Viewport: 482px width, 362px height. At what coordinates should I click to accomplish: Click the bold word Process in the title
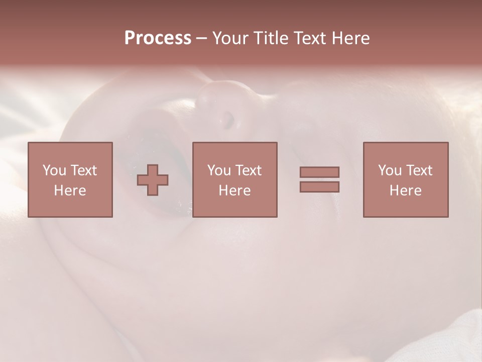click(x=158, y=38)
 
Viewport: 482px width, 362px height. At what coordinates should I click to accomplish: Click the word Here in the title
click(x=351, y=38)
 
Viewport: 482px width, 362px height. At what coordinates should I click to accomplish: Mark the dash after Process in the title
click(x=201, y=39)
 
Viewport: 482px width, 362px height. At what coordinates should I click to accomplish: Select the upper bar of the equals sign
click(x=319, y=172)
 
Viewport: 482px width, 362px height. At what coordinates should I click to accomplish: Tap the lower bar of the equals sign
click(x=319, y=187)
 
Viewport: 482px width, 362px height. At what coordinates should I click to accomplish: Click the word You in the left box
click(x=54, y=170)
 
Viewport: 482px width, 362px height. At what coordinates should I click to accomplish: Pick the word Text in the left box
click(x=83, y=170)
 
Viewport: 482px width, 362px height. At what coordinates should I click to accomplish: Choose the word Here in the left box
click(x=70, y=191)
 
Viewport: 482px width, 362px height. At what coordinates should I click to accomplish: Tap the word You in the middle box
click(x=219, y=170)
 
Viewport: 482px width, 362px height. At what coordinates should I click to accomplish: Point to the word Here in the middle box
click(x=234, y=191)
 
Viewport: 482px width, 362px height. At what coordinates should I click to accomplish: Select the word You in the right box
click(x=390, y=170)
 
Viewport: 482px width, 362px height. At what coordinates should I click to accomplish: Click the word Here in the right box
click(x=405, y=191)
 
